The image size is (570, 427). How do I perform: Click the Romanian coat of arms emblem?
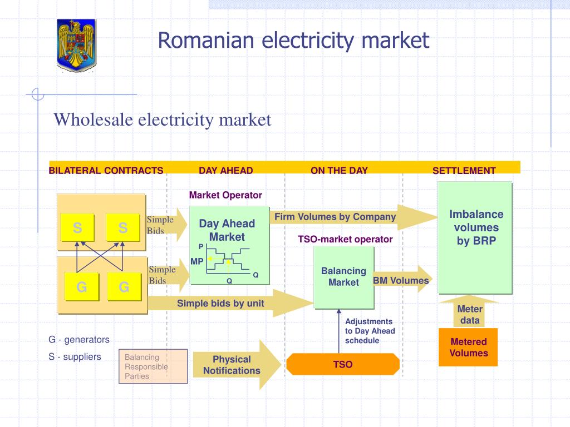point(76,43)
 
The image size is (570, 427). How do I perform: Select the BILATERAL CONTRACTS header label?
point(106,171)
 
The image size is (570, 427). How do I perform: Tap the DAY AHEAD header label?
point(225,171)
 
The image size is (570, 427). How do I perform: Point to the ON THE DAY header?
point(339,171)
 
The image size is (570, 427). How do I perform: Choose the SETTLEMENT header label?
point(464,171)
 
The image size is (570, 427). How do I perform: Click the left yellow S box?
point(77,228)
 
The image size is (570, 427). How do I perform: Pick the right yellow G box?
point(124,287)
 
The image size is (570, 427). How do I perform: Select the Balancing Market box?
point(343,276)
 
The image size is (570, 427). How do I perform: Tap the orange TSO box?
point(343,365)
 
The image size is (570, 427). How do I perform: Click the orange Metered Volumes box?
point(468,347)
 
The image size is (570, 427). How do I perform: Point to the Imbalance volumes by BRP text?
point(476,227)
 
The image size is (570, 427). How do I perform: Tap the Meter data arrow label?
point(469,314)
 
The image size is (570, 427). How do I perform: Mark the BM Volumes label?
point(400,281)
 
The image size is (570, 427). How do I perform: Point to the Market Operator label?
point(225,195)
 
